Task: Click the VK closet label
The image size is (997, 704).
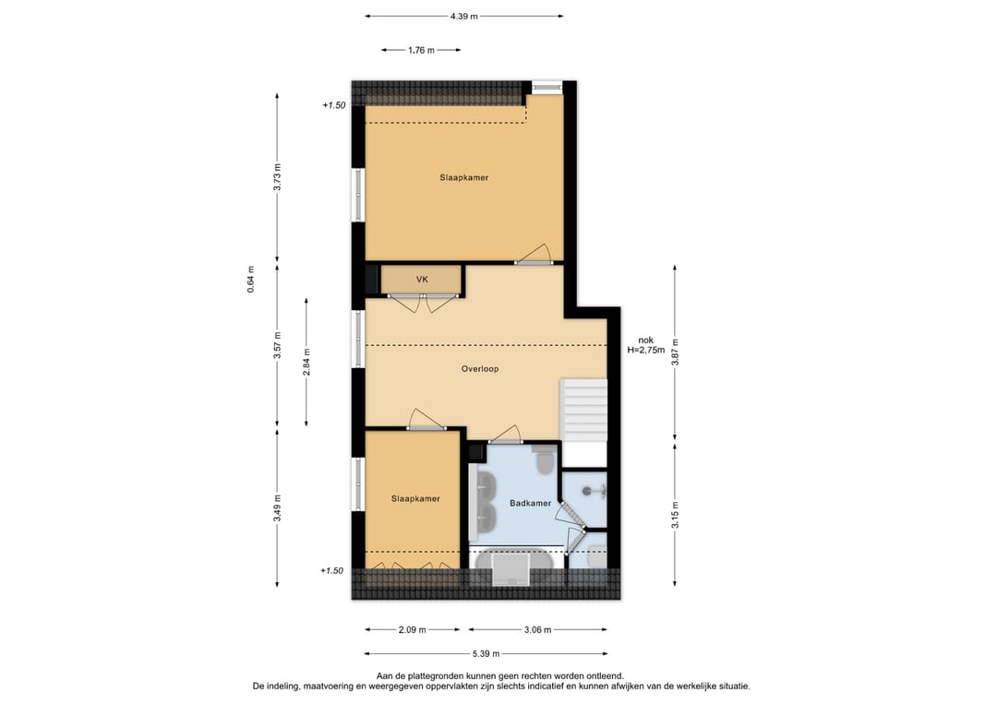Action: click(x=422, y=279)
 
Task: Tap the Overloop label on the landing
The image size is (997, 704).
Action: click(x=480, y=369)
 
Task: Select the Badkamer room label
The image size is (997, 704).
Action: click(x=530, y=503)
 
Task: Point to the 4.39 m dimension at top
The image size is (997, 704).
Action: click(x=463, y=16)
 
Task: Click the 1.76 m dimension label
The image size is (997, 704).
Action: click(x=421, y=51)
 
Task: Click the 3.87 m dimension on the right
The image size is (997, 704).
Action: click(x=675, y=354)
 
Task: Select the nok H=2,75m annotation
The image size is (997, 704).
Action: click(x=645, y=344)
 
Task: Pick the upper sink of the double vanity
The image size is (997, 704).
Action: click(x=486, y=484)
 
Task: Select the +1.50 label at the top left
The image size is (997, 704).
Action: click(x=333, y=106)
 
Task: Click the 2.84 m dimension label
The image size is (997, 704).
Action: click(x=307, y=362)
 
